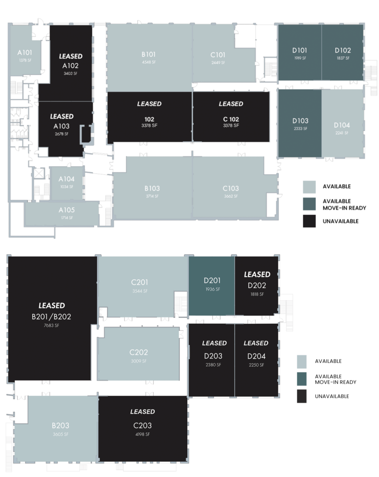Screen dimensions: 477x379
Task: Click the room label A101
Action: [x=24, y=53]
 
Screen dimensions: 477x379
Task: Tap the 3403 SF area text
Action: [x=70, y=73]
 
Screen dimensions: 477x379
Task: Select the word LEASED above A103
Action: [x=61, y=116]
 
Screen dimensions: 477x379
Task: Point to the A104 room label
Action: [x=66, y=179]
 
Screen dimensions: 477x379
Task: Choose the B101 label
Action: [x=149, y=54]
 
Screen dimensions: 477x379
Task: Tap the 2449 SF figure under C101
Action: [x=218, y=62]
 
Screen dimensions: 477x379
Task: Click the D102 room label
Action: [x=342, y=50]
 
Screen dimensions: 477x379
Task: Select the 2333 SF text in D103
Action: [x=300, y=128]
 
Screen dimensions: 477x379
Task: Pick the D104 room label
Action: [x=342, y=125]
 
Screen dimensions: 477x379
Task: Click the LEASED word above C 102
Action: [x=231, y=103]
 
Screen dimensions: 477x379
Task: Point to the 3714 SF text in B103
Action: [x=152, y=196]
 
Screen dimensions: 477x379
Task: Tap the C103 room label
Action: [x=230, y=188]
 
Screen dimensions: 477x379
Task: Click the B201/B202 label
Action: [x=52, y=317]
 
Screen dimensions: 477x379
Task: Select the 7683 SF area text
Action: [x=52, y=325]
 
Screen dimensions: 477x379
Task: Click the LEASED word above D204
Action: [x=256, y=343]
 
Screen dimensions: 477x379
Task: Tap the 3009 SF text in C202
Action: [x=139, y=361]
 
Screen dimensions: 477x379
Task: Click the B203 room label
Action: [x=61, y=425]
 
